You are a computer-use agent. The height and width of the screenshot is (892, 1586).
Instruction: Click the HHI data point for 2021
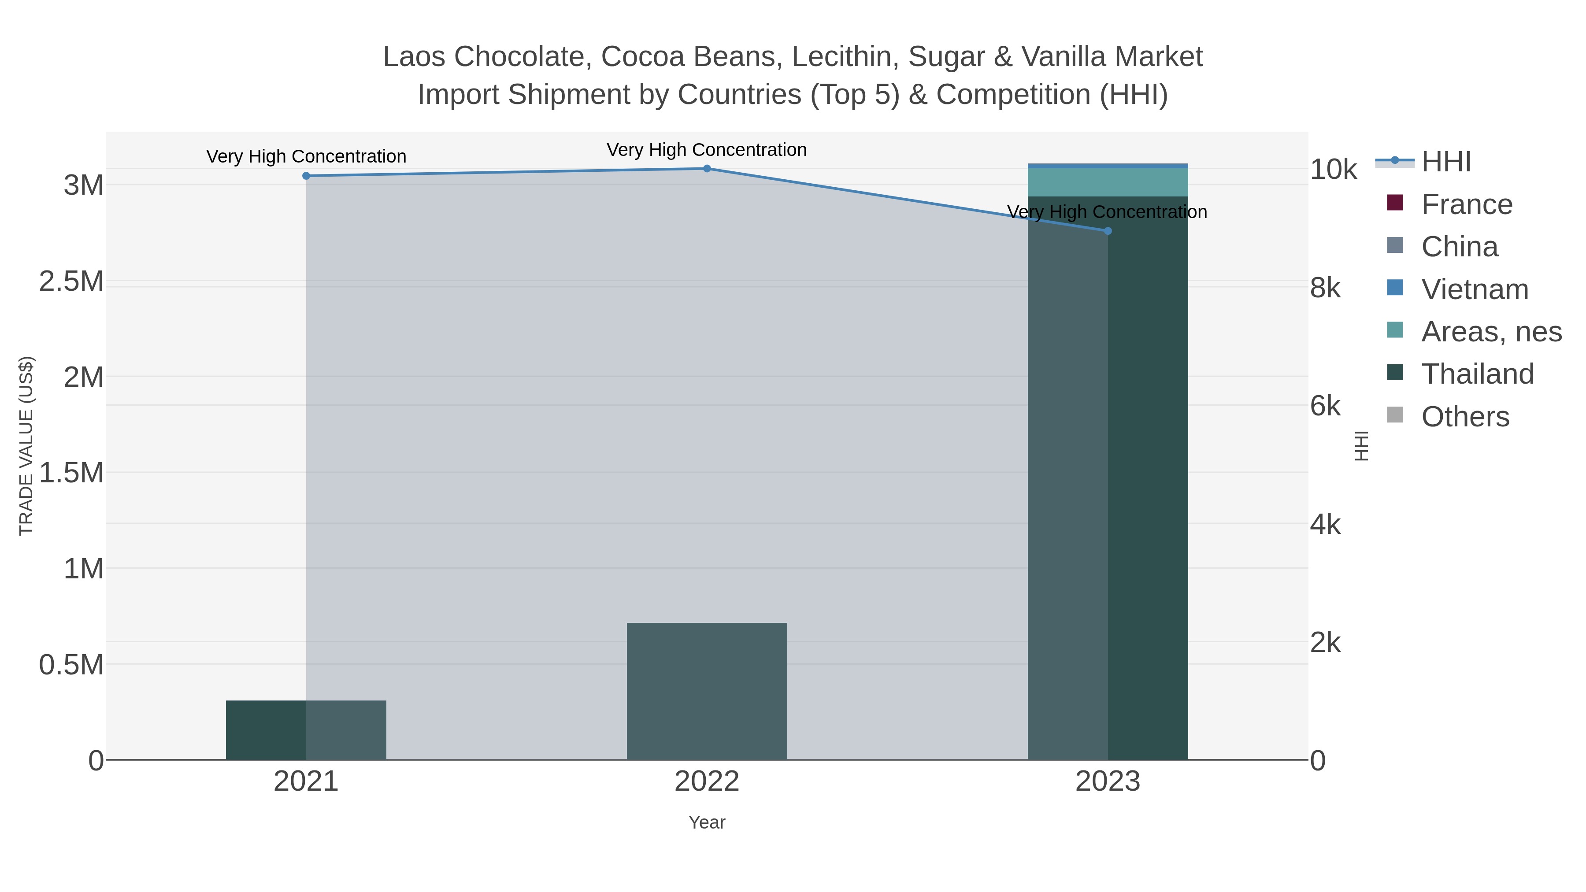click(x=306, y=176)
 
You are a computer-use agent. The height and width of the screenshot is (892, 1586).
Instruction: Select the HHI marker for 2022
click(x=707, y=169)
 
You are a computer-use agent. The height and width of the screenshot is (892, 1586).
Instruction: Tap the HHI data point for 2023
click(x=1108, y=231)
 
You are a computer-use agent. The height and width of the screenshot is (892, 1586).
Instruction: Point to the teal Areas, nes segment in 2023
click(x=1108, y=182)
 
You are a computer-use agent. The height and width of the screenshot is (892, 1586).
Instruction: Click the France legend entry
click(x=1467, y=204)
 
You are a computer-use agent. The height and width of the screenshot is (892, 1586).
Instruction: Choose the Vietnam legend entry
click(x=1475, y=289)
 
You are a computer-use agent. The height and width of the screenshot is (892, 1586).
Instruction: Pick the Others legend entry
click(x=1465, y=417)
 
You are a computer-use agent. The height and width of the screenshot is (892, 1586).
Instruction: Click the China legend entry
click(x=1459, y=247)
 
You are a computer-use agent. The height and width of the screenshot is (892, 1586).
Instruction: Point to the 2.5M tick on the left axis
click(x=71, y=281)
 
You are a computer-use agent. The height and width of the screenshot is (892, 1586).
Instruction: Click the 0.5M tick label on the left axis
click(x=71, y=665)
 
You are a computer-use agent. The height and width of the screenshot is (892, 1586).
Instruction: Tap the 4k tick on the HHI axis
click(x=1325, y=525)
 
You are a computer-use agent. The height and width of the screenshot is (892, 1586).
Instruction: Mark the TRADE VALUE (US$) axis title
click(x=26, y=446)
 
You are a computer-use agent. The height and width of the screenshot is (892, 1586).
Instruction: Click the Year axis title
click(x=707, y=822)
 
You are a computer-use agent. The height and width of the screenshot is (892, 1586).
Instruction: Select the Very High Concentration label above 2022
click(x=707, y=150)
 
